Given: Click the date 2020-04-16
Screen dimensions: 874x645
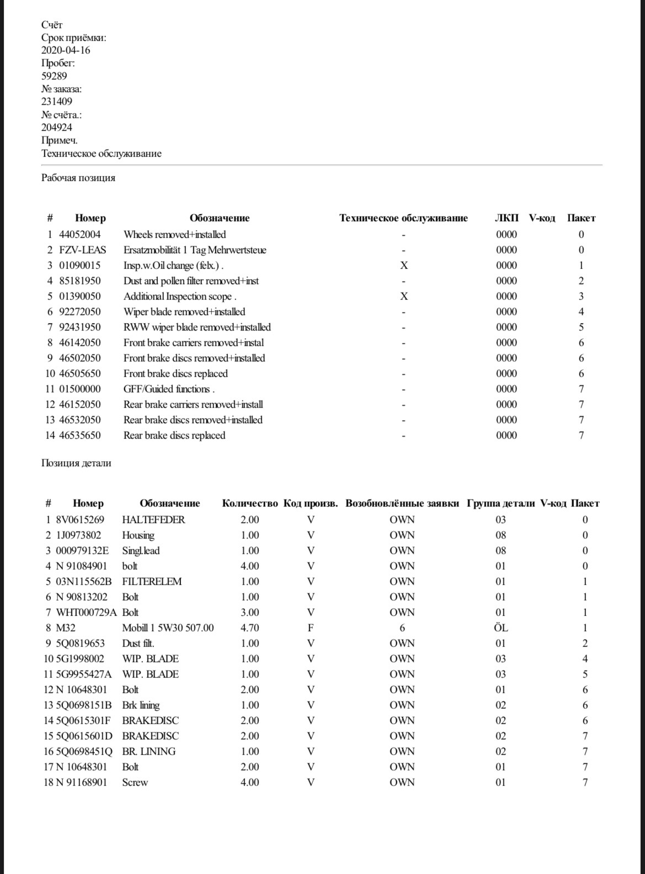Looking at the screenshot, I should (x=66, y=50).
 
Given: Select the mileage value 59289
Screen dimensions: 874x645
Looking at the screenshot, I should (x=54, y=76).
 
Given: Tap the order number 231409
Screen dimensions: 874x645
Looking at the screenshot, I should (x=56, y=102).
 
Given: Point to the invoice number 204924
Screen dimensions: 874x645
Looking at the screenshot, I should (x=56, y=127).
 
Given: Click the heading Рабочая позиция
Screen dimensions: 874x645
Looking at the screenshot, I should (x=78, y=178).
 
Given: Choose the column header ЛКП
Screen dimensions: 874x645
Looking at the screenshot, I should (x=507, y=218).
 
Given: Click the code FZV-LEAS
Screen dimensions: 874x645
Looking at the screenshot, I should (x=83, y=250).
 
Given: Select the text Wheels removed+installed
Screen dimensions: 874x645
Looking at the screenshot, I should (x=174, y=235).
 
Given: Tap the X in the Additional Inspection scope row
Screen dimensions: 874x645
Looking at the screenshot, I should (x=404, y=296).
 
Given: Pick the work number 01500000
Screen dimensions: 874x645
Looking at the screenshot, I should (x=80, y=389).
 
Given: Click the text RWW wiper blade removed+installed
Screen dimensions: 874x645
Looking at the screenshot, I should (x=197, y=327).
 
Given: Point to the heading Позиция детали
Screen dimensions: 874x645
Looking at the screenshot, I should (x=76, y=463).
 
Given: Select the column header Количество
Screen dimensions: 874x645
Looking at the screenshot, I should (x=250, y=503).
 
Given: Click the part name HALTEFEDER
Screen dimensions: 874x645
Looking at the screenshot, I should (x=153, y=520).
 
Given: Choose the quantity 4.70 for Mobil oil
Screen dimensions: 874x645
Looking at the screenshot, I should (x=250, y=628).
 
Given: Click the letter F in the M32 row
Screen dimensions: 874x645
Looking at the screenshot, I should (x=311, y=628).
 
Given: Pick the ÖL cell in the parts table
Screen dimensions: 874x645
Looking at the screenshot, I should (x=500, y=628).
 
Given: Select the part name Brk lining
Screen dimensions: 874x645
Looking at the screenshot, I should (x=141, y=705).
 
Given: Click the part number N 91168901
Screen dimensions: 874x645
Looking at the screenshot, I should (x=82, y=782).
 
